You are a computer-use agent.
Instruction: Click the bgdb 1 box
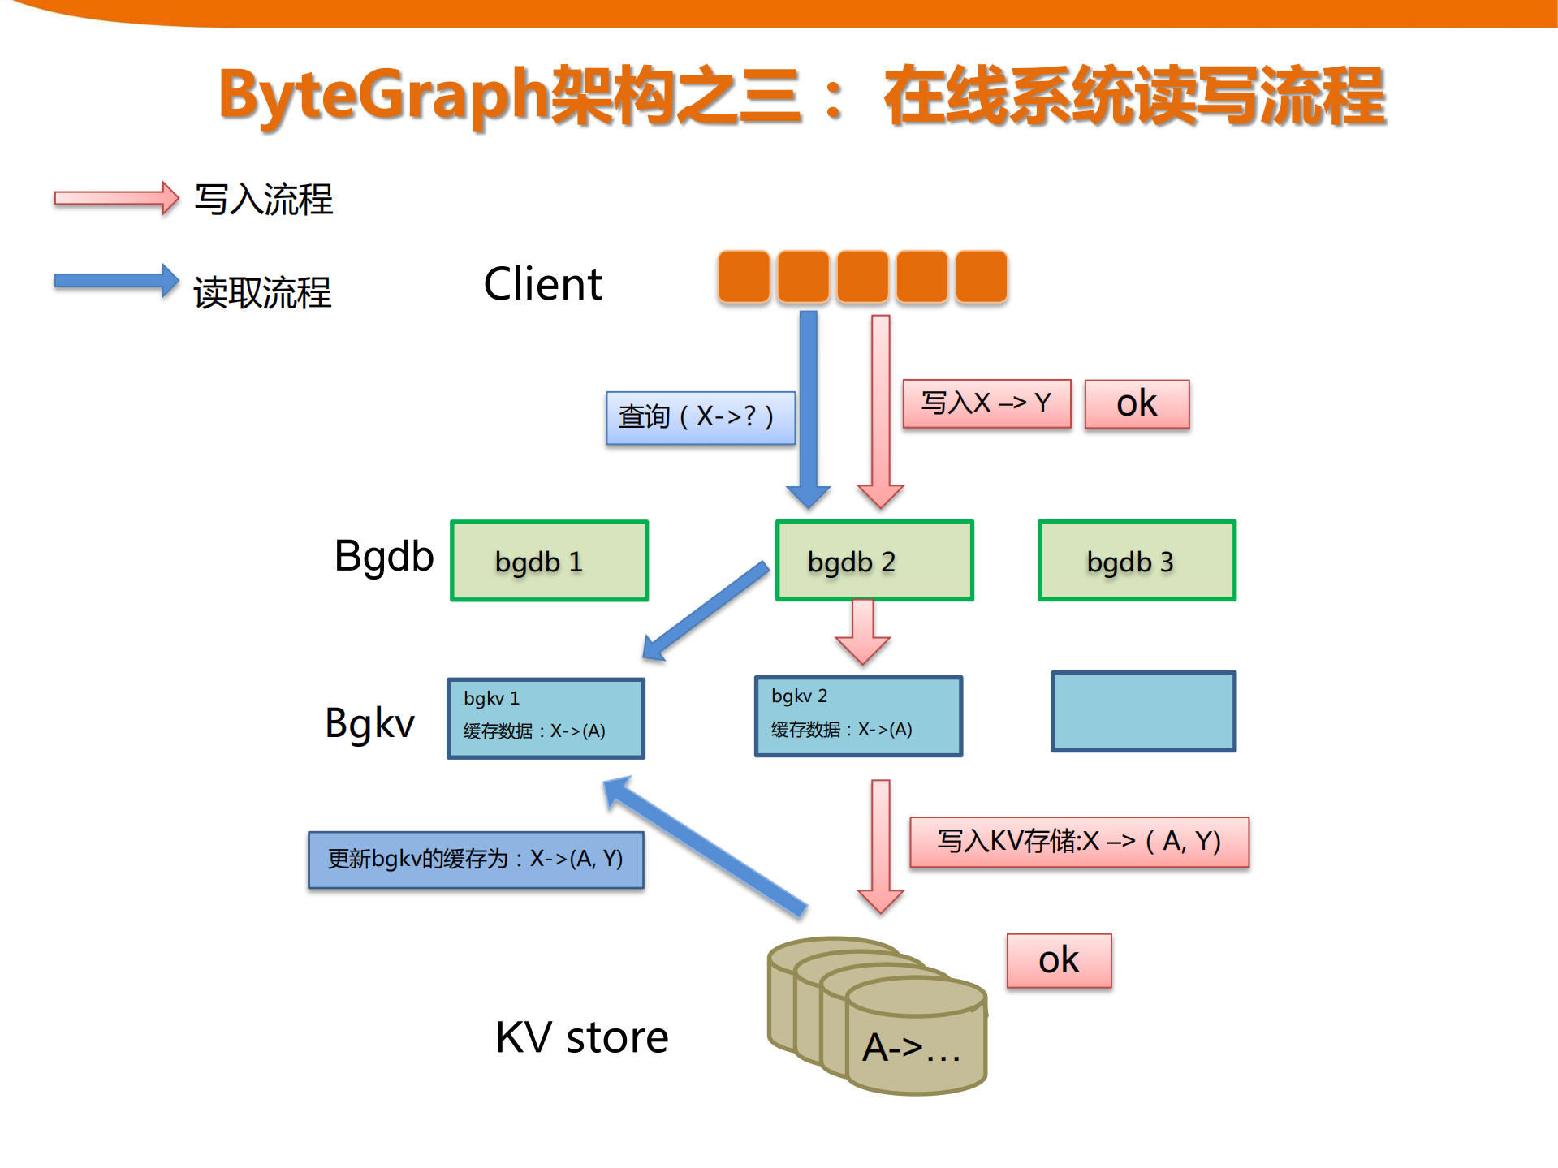click(549, 561)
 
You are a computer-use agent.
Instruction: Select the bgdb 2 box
click(874, 561)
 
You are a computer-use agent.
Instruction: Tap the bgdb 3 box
click(1137, 561)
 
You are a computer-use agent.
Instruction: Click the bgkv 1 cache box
click(546, 718)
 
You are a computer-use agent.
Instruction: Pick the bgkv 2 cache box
click(858, 716)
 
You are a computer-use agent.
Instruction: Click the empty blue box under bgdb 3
click(1143, 711)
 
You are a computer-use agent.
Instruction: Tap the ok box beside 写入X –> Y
click(1137, 404)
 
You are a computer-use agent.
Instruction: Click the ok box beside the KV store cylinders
click(1059, 960)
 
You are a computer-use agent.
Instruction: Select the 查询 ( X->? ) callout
click(700, 417)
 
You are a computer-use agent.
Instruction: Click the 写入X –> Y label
click(986, 403)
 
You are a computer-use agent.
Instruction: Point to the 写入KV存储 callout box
click(1079, 842)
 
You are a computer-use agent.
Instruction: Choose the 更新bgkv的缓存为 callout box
click(476, 860)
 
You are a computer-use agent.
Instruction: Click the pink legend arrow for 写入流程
click(115, 198)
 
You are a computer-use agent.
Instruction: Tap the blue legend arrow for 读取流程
click(115, 281)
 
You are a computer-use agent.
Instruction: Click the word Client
click(542, 284)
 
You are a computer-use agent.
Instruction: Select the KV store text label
click(581, 1037)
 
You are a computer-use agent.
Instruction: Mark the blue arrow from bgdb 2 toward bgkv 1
click(706, 610)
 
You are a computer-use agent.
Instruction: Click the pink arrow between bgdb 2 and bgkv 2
click(862, 632)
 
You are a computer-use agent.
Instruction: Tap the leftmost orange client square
click(743, 277)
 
